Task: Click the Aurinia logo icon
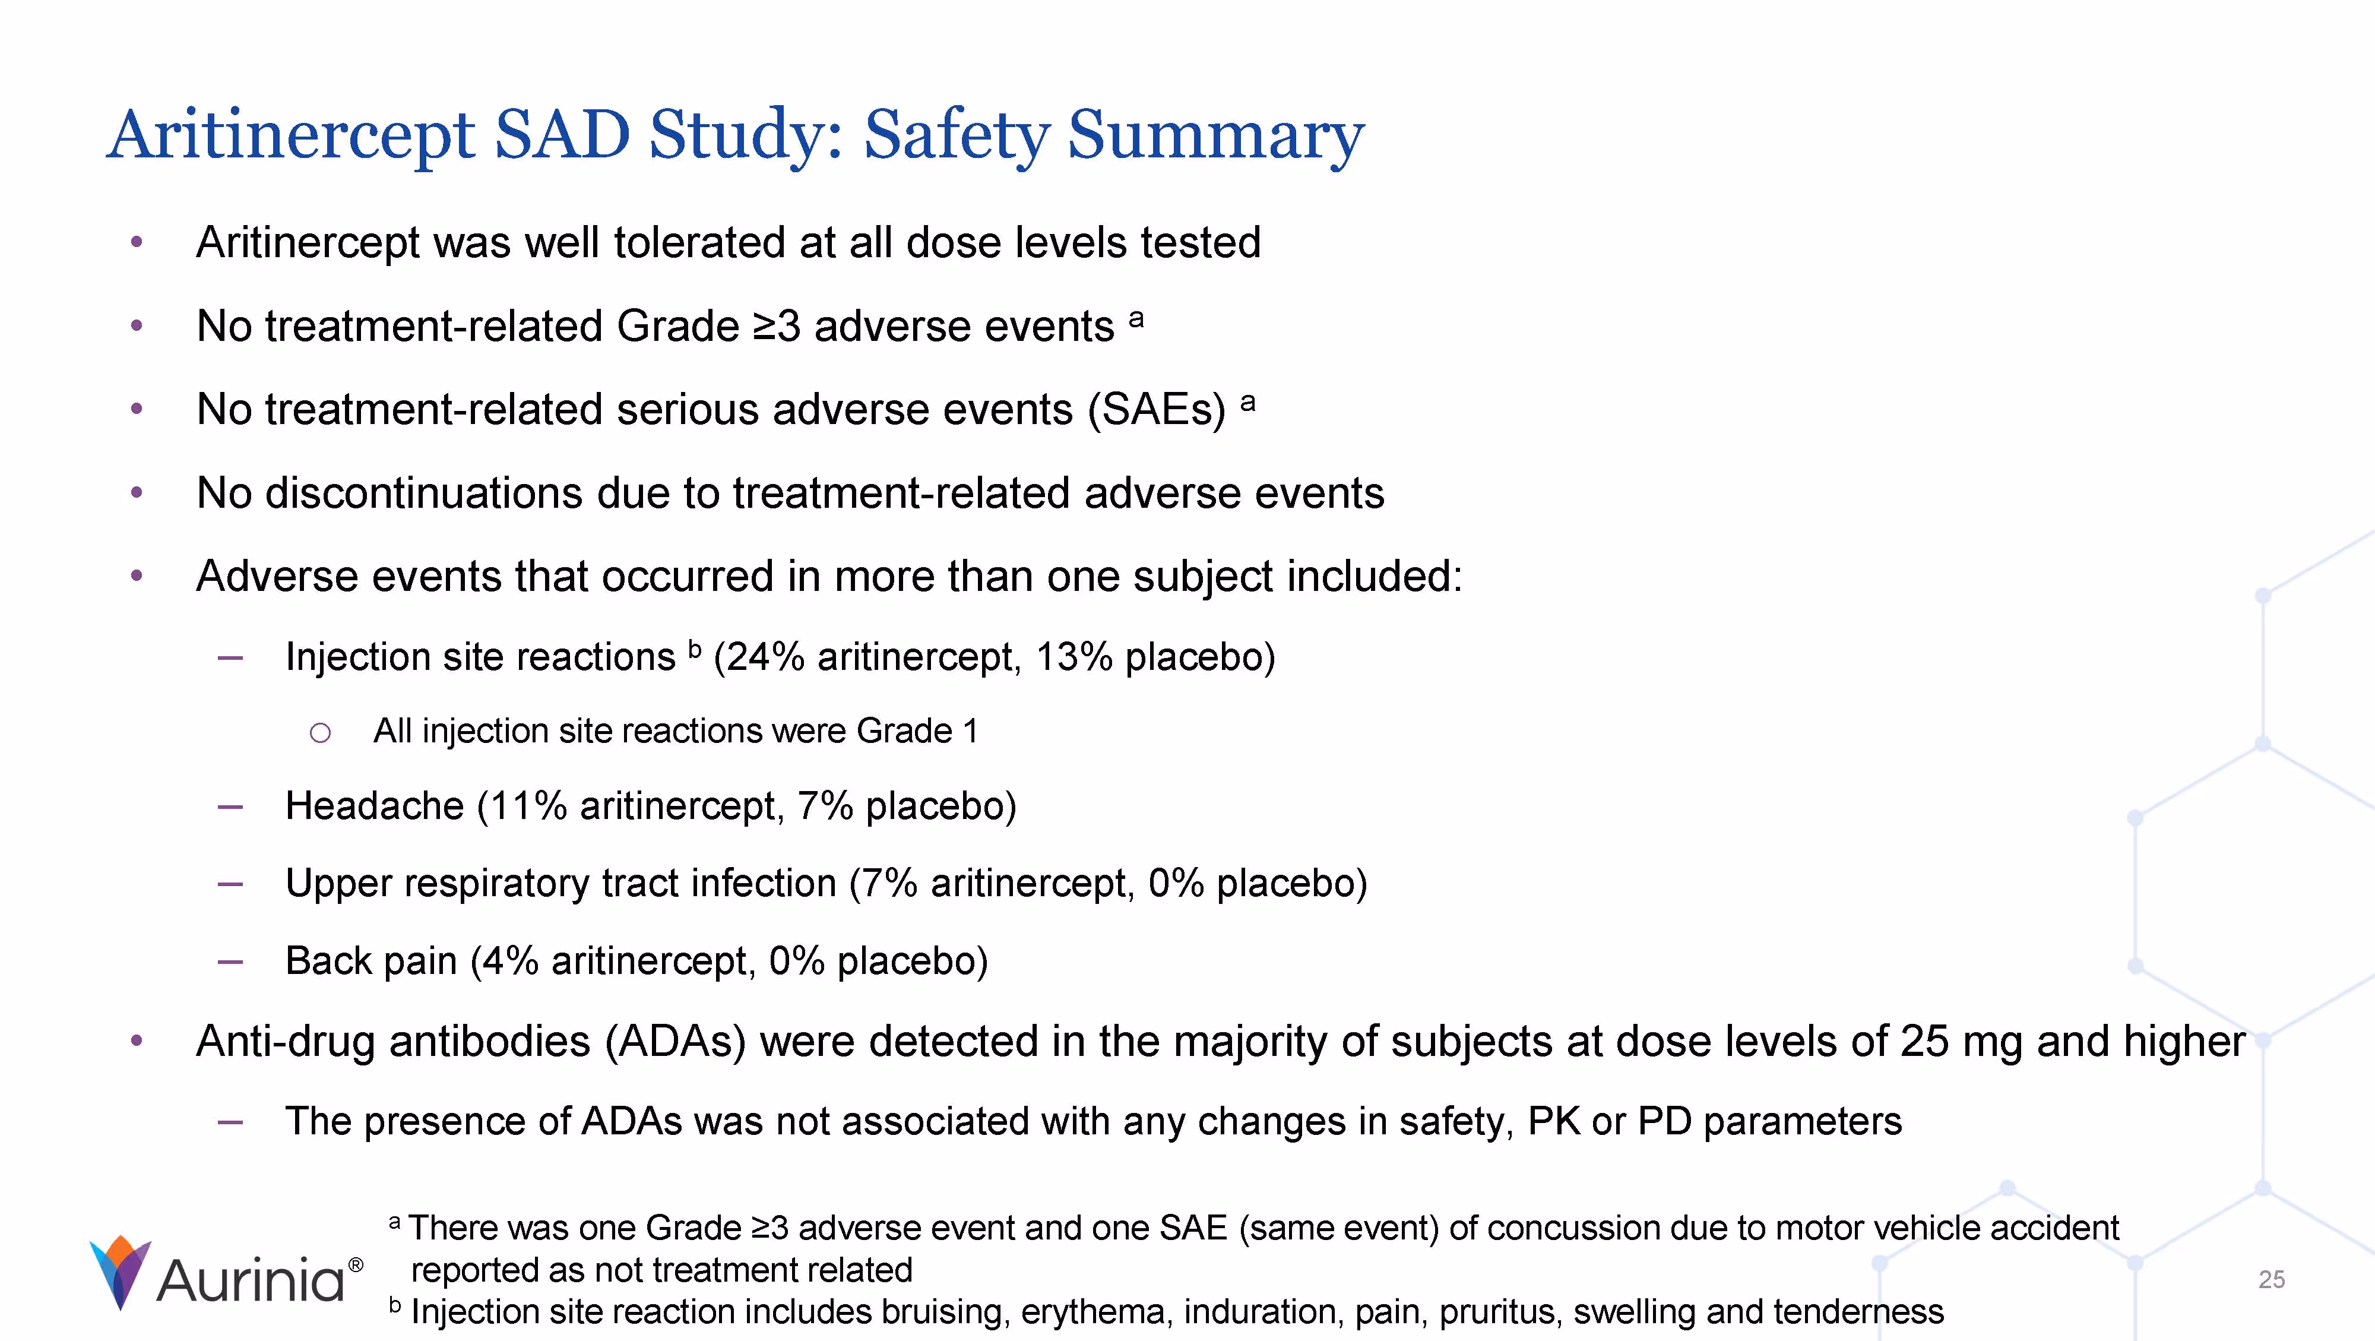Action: point(120,1272)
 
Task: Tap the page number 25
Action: point(2271,1279)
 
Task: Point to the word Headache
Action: point(373,806)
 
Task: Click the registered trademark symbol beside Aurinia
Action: point(356,1264)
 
